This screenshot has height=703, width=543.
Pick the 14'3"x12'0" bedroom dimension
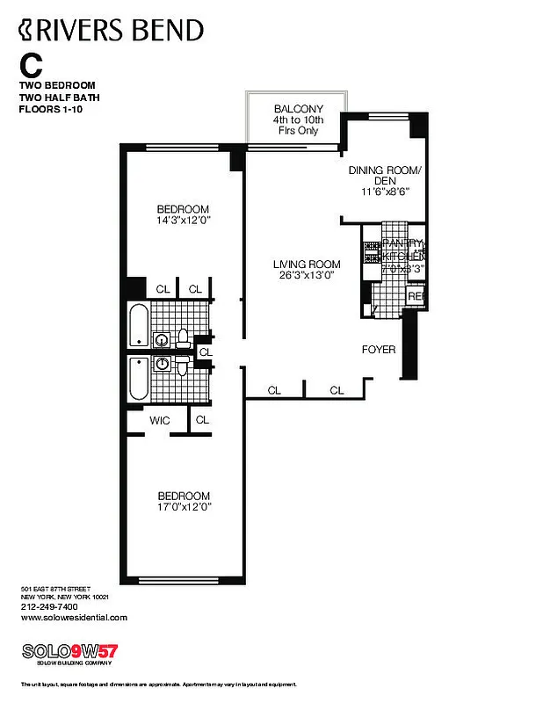click(x=183, y=221)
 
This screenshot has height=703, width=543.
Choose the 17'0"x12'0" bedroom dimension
click(x=184, y=507)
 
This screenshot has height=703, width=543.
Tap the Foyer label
click(x=379, y=350)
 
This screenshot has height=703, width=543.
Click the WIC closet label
click(x=159, y=421)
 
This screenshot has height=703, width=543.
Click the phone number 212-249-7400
click(x=49, y=606)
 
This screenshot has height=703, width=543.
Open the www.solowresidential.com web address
click(x=74, y=617)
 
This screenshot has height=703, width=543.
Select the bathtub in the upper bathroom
click(x=139, y=325)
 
